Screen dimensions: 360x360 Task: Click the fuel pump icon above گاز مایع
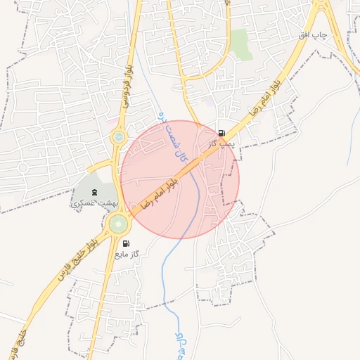tap(127, 243)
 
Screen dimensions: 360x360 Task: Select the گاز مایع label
tap(127, 253)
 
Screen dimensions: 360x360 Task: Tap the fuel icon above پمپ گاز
tap(221, 133)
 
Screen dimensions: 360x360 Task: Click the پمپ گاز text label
tap(220, 143)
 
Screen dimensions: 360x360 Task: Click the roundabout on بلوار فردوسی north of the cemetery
tap(119, 136)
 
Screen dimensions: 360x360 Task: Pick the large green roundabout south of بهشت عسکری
tap(119, 224)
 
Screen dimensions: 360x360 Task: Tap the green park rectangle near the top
tap(242, 44)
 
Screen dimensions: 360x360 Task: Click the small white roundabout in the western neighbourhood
tap(22, 167)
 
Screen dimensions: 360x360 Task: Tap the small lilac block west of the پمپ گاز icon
tap(209, 103)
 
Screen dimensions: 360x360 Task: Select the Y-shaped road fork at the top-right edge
tap(324, 10)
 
